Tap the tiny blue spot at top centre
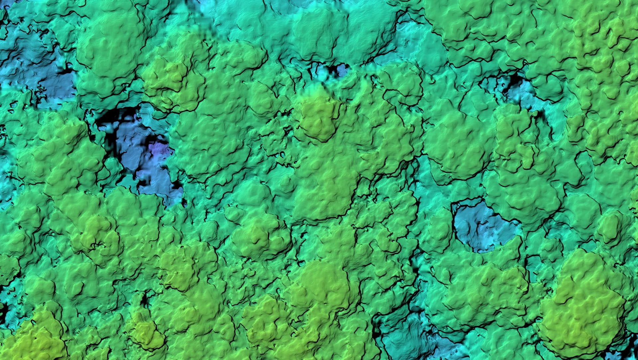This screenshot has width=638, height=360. pyautogui.click(x=341, y=70)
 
